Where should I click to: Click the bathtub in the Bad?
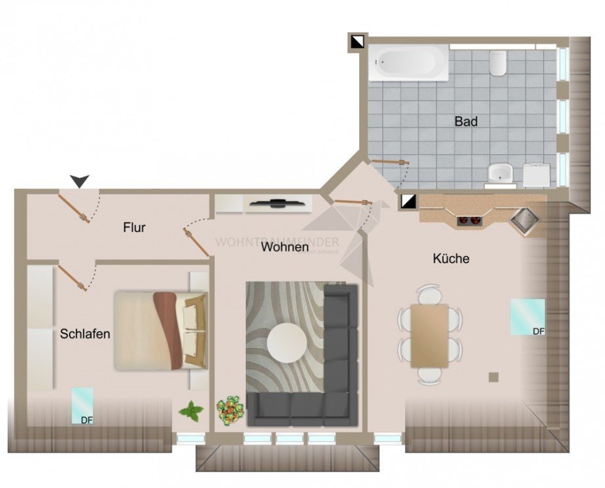coord(408,63)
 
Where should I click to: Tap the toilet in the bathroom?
coord(498,63)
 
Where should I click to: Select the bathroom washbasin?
coord(501,174)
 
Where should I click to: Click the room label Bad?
coord(466,122)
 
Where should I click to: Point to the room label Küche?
coord(450,259)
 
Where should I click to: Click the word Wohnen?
coord(284,248)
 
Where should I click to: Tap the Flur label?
coord(134,228)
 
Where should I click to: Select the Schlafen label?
coord(85,334)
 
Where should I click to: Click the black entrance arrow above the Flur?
coord(80,180)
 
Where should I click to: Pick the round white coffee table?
coord(286,342)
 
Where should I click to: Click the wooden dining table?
coord(429,335)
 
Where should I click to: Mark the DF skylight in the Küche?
coord(528,317)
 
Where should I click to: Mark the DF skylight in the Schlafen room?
coord(82,405)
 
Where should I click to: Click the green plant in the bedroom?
coord(191,412)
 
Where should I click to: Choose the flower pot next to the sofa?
coord(231,410)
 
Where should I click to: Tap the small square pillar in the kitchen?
coord(493,377)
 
